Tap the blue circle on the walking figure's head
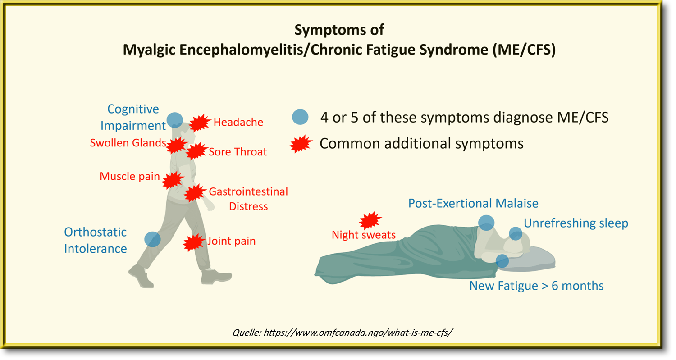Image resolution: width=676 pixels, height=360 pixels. (x=175, y=120)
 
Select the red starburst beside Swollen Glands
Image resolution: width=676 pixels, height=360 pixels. (x=176, y=145)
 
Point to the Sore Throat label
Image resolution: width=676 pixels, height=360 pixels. (x=238, y=152)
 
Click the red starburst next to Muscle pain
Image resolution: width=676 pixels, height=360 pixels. (x=172, y=180)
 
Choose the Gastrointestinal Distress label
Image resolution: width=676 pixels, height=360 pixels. (x=248, y=199)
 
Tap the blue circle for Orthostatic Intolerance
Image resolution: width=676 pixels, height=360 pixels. (x=152, y=239)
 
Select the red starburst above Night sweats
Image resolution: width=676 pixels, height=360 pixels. (x=370, y=220)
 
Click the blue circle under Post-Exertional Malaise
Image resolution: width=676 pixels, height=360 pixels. (x=486, y=222)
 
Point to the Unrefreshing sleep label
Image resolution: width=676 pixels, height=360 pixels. (x=576, y=223)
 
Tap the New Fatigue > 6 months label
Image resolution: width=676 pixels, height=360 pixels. (x=536, y=286)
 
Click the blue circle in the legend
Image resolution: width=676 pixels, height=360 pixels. (x=300, y=118)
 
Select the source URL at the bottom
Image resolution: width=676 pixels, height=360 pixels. (x=343, y=333)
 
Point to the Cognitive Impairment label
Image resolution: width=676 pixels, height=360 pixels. (x=132, y=117)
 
